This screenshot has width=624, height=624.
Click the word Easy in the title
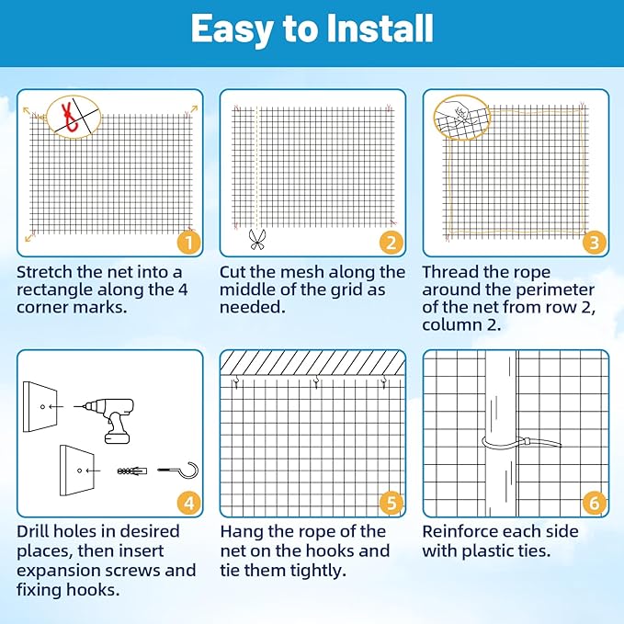[229, 29]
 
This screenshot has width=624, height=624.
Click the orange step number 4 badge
[187, 503]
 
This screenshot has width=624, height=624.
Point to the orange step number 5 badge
[391, 503]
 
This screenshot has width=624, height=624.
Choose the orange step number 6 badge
[594, 503]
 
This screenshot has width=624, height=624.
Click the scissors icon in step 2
[256, 240]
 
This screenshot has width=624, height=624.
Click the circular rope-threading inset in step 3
[463, 117]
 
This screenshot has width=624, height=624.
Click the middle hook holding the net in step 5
[316, 381]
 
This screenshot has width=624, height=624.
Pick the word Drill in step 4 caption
[34, 531]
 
